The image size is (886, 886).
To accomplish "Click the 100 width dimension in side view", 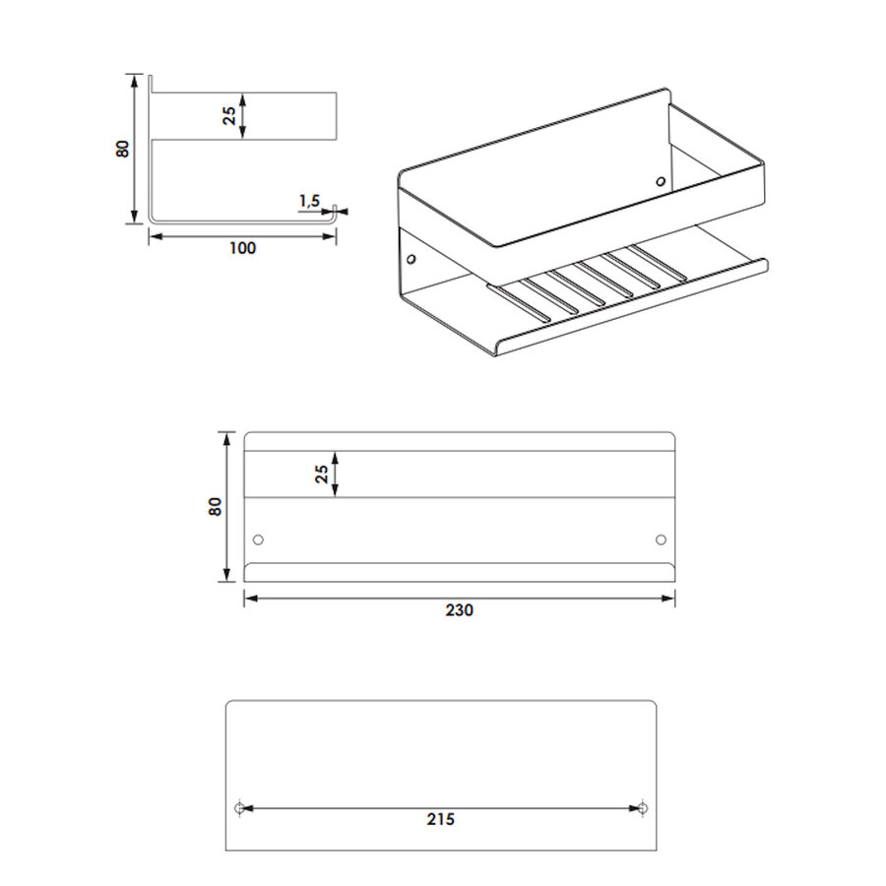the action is coord(242,247).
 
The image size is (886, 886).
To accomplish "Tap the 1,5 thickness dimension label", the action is coord(309,201).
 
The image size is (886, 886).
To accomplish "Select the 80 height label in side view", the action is coord(123,149).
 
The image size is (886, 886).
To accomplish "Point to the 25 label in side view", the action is coord(229,116).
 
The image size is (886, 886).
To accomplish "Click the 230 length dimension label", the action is coord(460,610).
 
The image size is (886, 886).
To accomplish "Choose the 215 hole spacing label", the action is coord(441,819).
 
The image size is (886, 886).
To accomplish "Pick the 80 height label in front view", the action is coord(216,506).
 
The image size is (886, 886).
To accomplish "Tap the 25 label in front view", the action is coord(322,475).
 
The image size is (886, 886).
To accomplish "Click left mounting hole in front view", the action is coord(258,539).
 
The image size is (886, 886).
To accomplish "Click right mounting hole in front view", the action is coord(661,539).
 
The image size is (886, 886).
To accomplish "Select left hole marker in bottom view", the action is coord(239,808).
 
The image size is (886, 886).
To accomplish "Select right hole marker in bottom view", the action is coord(643,808).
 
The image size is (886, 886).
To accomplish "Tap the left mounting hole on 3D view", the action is coord(411,259).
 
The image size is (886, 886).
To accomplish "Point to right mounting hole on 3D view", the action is coord(660,182).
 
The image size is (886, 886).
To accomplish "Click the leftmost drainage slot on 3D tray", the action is coord(520,303).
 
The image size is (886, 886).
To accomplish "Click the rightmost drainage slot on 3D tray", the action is coord(660,262).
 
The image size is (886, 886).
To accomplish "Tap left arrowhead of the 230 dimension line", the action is coord(249,598).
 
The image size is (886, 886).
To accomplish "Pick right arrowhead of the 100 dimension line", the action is coord(331,236).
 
